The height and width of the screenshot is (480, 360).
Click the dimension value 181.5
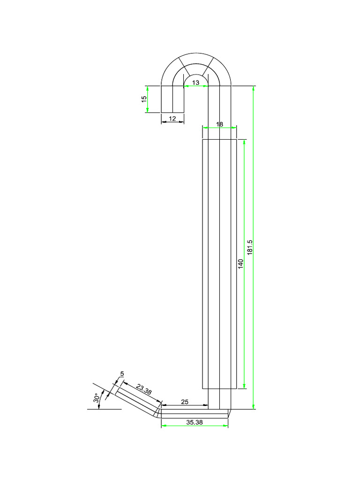(x=250, y=247)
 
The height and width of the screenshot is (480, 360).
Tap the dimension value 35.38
(x=194, y=422)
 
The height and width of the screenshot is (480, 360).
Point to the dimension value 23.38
(x=144, y=390)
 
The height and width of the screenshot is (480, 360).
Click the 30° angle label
(x=97, y=398)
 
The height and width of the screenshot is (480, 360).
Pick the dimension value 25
(x=185, y=402)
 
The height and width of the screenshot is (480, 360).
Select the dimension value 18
(x=219, y=124)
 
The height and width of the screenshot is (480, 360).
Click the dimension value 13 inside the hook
(x=195, y=82)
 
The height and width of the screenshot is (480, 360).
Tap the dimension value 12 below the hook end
(x=172, y=119)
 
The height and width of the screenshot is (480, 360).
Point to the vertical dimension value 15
(x=144, y=99)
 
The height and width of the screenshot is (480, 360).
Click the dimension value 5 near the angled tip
(x=122, y=374)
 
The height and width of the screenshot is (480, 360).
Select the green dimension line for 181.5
(x=254, y=328)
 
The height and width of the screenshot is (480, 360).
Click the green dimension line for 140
(x=245, y=328)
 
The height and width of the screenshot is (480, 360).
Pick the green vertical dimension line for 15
(x=147, y=105)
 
